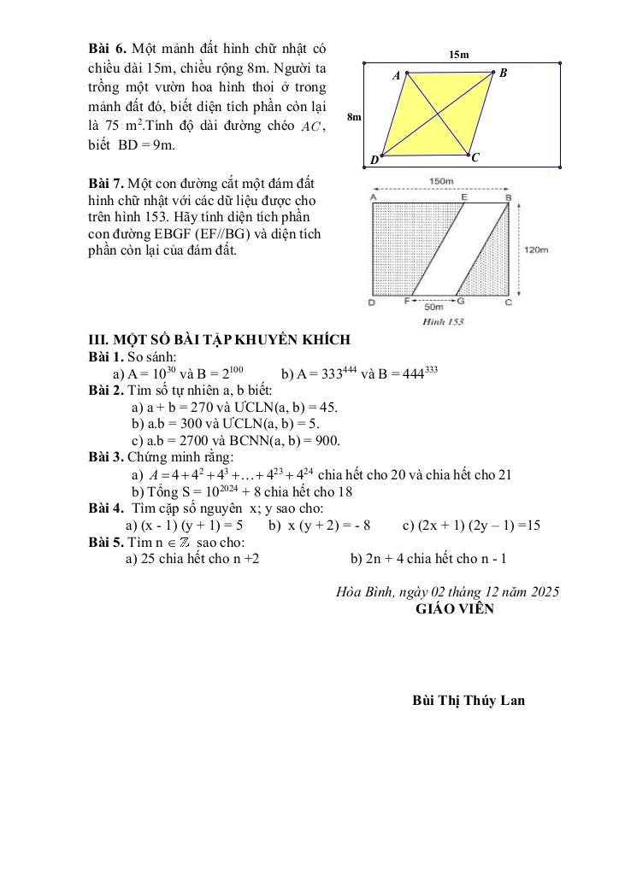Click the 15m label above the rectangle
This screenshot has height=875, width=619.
459,55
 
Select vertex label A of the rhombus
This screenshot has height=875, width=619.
396,76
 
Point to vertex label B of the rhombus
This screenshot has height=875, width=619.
504,73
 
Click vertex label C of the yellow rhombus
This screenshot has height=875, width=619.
476,158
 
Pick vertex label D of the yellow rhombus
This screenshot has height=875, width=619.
374,161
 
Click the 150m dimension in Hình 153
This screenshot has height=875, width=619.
441,182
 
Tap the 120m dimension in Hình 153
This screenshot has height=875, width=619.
535,250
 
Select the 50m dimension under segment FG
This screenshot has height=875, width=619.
434,306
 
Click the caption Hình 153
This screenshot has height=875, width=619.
443,322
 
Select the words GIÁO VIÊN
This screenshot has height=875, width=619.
454,609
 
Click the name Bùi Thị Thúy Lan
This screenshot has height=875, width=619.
469,701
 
